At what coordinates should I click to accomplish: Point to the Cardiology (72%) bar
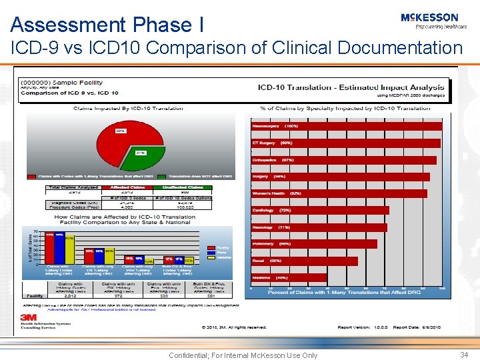coord(319,210)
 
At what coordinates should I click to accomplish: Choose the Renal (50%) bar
coord(303,261)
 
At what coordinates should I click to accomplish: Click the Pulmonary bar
coord(313,244)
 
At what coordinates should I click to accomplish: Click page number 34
coord(464,355)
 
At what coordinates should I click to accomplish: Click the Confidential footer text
coord(243,355)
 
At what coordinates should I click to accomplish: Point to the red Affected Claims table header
coord(127,188)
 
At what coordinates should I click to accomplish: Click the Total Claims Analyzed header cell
coord(73,188)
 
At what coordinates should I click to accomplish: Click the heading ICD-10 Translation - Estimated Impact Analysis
coord(351,87)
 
